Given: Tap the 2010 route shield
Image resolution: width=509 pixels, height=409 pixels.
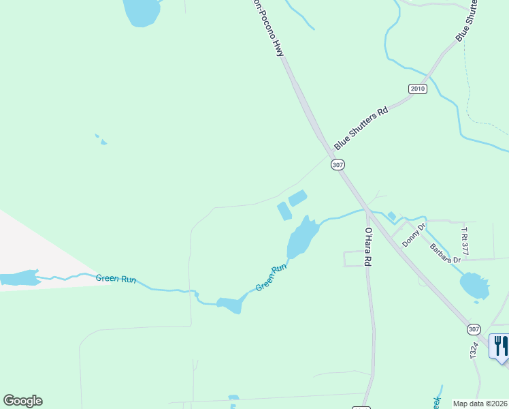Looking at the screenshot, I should pos(418,89).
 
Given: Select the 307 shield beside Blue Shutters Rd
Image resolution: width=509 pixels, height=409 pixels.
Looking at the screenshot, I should pos(338,165).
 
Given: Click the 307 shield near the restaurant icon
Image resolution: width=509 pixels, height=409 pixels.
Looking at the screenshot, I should pos(474,329).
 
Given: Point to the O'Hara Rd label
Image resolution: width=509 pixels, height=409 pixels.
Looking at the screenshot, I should pos(367,247).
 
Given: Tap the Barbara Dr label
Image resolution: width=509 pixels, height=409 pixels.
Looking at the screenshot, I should pos(444,250).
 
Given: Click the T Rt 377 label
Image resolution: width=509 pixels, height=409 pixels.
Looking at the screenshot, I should pos(465,241).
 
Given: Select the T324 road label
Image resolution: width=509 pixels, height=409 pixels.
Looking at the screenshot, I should pos(474,349).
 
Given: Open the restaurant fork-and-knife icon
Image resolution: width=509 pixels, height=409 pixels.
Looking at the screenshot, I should pos(499,344).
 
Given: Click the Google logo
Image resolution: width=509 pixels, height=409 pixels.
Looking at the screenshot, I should pos(22,401).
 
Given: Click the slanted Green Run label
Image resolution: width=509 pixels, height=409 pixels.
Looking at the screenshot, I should pos(271,278).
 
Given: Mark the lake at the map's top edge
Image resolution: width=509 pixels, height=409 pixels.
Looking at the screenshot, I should pos(142,12).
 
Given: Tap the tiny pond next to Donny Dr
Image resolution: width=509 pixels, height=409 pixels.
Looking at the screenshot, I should pos(391,216).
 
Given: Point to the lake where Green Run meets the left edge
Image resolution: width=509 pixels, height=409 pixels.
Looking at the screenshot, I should pos(18,278).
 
